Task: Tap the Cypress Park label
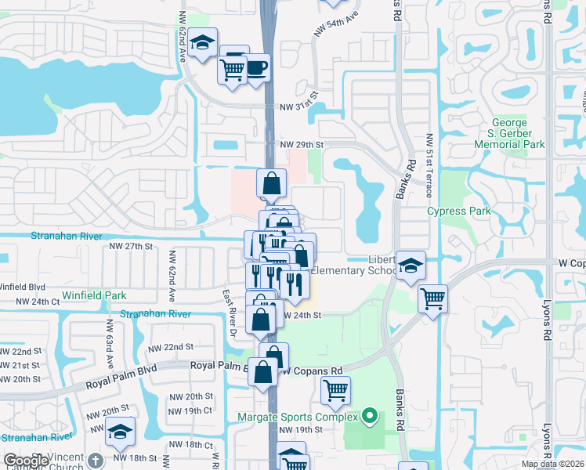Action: [x=459, y=211]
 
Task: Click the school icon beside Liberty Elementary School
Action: [x=410, y=266]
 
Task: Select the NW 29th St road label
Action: [x=302, y=145]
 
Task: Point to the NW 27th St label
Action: [x=129, y=246]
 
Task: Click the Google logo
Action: [x=26, y=461]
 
